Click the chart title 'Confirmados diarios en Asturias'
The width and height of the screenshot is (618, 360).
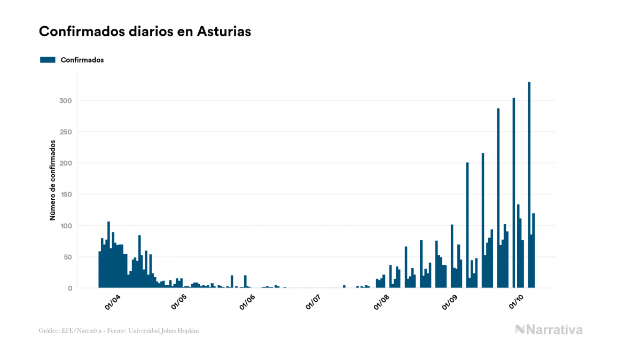tap(145, 32)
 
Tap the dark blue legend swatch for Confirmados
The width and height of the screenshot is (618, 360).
tap(48, 60)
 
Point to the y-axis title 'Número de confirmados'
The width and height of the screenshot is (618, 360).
tap(52, 180)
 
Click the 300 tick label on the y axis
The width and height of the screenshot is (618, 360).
tap(65, 101)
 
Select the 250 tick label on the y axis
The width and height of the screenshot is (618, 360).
tap(65, 132)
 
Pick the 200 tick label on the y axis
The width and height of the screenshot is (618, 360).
tap(65, 163)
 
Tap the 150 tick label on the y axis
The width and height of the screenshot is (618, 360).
tap(65, 194)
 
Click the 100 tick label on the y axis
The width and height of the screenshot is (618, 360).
tap(65, 226)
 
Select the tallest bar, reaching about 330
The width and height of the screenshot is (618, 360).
tap(529, 184)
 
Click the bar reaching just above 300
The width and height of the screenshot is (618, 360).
tap(514, 192)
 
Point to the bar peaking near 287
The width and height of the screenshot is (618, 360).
tap(498, 198)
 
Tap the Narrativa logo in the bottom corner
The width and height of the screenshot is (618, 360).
tap(549, 330)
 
